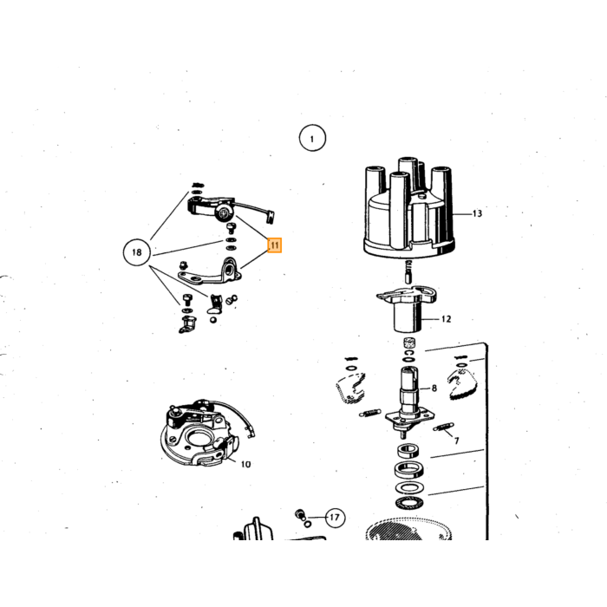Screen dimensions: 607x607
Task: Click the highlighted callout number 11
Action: (x=275, y=245)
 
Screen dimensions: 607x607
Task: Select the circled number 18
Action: (x=137, y=252)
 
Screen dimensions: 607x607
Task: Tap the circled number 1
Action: (x=312, y=138)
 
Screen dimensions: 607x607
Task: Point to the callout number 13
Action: (x=477, y=213)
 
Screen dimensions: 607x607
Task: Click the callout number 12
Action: (x=446, y=319)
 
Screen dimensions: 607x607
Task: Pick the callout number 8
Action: (x=434, y=388)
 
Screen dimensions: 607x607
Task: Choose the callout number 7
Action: (x=457, y=441)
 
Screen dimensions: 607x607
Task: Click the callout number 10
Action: (x=245, y=464)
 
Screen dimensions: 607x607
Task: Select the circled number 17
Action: (x=335, y=517)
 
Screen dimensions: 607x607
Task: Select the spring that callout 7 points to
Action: (x=443, y=427)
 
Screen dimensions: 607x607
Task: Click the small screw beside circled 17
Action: (x=300, y=514)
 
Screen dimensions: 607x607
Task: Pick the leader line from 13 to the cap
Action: (x=462, y=213)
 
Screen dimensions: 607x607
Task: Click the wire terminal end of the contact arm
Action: (x=270, y=216)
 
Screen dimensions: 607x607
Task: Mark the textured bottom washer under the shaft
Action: (x=409, y=503)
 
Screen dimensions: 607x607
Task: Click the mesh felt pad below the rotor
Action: (x=408, y=343)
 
